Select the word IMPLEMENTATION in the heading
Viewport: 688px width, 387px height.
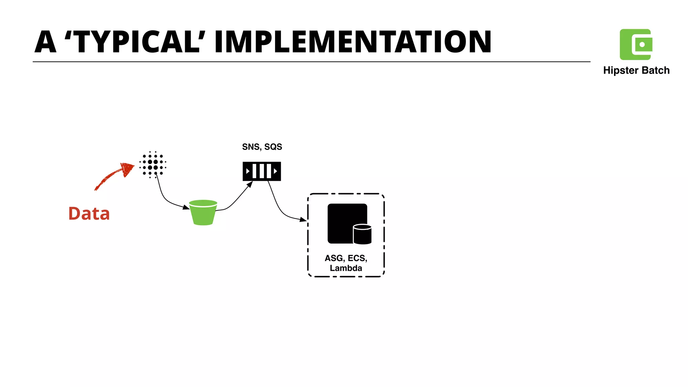click(353, 42)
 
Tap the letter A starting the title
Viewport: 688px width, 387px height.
click(45, 42)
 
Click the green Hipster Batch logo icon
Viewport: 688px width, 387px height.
click(636, 44)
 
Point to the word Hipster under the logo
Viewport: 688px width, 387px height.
click(620, 71)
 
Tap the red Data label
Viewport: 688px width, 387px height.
click(89, 214)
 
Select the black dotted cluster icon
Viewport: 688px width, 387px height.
click(153, 165)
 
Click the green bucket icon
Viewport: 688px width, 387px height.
click(203, 212)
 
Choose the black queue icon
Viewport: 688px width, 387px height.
click(262, 171)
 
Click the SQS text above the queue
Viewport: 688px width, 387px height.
click(273, 147)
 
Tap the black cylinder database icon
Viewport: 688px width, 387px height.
click(362, 234)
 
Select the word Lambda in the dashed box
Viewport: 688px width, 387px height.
click(346, 268)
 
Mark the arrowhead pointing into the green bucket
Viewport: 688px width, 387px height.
click(186, 207)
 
